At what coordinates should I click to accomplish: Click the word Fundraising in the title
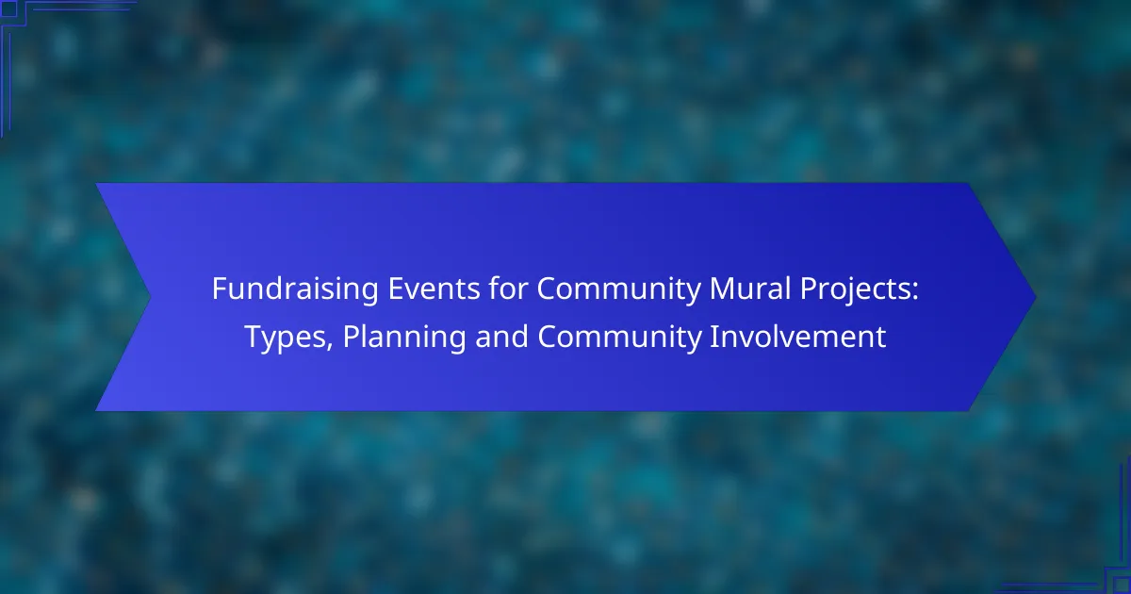tap(295, 289)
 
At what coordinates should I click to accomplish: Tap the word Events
tap(434, 289)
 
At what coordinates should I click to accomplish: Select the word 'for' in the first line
tap(508, 288)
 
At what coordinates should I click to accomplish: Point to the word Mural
tap(750, 288)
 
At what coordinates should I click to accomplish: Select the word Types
tap(286, 338)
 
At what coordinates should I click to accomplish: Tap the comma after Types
tap(330, 347)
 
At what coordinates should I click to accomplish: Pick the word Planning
tap(404, 338)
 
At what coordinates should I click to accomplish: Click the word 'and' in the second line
tap(501, 336)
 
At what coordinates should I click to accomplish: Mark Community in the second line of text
tap(619, 338)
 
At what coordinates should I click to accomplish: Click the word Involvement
tap(797, 336)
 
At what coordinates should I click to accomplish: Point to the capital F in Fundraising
tap(220, 289)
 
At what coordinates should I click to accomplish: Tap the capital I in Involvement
tap(714, 337)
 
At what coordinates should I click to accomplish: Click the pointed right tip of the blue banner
tap(1036, 297)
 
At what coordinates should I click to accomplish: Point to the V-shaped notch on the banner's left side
tap(150, 297)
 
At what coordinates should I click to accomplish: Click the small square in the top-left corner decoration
tap(9, 9)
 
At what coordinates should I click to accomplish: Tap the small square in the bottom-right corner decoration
tap(1122, 585)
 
